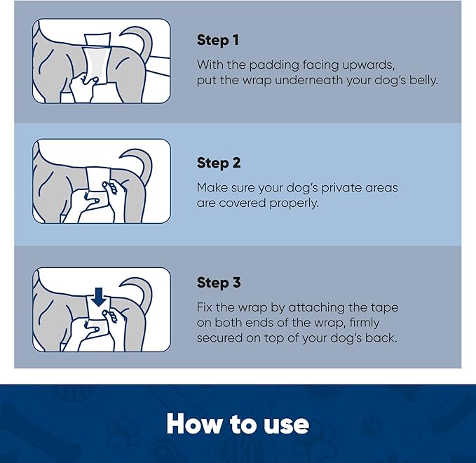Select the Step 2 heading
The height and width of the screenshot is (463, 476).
click(219, 163)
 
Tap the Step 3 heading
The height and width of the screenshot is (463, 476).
click(219, 283)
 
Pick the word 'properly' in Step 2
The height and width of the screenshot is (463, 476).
click(294, 203)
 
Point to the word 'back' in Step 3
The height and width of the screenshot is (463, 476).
click(383, 339)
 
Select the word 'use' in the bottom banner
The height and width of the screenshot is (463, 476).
click(285, 424)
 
